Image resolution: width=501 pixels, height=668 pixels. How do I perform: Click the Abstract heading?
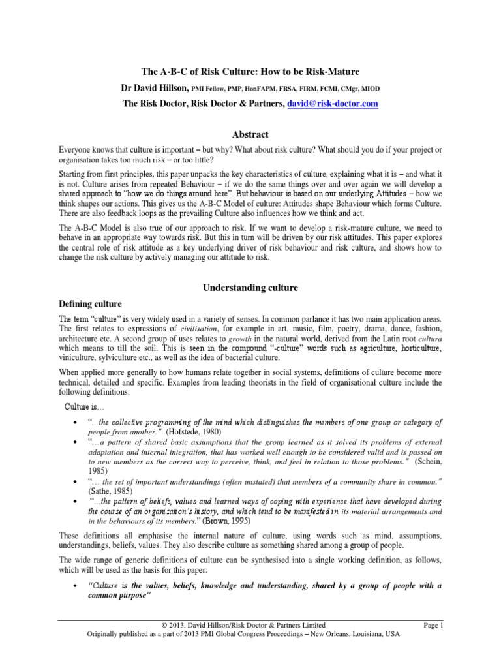pyautogui.click(x=250, y=134)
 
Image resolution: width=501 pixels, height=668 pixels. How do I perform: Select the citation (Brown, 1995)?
pyautogui.click(x=226, y=521)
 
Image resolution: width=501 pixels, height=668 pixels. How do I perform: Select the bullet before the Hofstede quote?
pyautogui.click(x=77, y=423)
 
